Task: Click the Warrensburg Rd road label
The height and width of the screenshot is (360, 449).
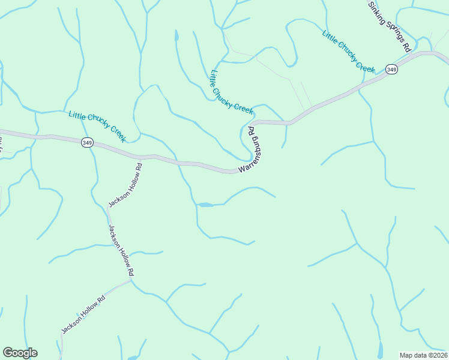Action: click(x=253, y=150)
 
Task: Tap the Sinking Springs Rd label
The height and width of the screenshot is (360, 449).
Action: click(x=391, y=26)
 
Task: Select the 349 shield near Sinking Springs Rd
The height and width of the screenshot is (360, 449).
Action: click(x=391, y=70)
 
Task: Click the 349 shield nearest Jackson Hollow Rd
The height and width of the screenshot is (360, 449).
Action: click(x=88, y=142)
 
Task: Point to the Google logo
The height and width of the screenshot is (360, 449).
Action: click(x=20, y=353)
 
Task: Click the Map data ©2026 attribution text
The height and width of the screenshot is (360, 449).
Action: click(x=423, y=355)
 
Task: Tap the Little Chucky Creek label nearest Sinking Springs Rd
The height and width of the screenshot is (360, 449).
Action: click(x=349, y=51)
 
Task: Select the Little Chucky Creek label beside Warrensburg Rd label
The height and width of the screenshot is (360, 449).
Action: click(x=232, y=91)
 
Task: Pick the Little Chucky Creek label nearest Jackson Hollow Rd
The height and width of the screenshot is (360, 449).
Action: click(x=97, y=126)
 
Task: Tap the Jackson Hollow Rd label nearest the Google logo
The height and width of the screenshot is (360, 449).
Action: click(x=83, y=314)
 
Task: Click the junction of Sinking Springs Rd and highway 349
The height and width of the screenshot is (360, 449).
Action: click(x=431, y=52)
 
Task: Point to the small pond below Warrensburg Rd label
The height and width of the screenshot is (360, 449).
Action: click(x=205, y=205)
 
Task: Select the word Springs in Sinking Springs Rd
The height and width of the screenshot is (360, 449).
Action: click(x=391, y=27)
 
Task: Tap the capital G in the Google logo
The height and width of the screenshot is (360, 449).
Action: click(x=8, y=353)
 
